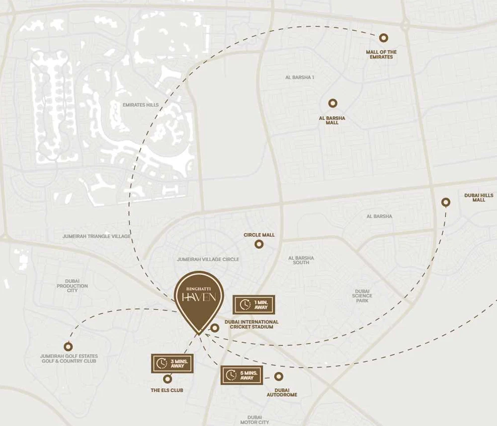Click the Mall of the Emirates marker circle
point(383,38)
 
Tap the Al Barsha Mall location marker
point(332,103)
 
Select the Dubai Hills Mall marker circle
point(446,202)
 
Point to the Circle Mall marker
point(259,244)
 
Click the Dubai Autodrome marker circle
point(278,376)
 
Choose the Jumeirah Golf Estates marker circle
point(68,347)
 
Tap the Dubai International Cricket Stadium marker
point(215,328)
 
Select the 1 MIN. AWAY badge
point(253,304)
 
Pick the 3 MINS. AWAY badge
point(171,363)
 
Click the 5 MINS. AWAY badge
point(242,375)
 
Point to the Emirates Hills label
point(140,105)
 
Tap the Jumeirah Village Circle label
point(208,259)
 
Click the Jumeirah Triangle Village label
point(96,236)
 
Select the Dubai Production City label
point(72,285)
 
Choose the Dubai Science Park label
point(362,295)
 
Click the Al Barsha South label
point(301,260)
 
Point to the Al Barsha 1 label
point(300,77)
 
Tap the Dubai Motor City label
point(254,420)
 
